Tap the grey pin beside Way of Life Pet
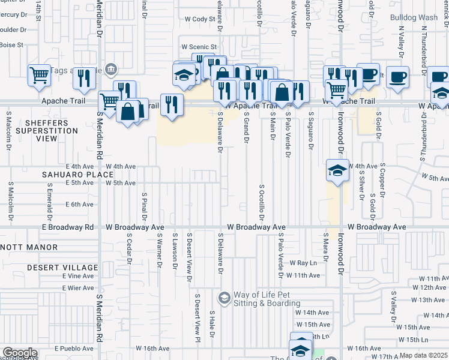click(x=224, y=298)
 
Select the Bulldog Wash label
click(x=414, y=17)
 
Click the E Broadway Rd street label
click(x=67, y=227)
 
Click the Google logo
click(x=19, y=353)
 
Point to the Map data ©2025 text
click(x=423, y=356)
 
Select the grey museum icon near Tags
click(x=110, y=70)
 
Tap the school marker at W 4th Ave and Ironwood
click(x=337, y=171)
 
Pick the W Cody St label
click(x=200, y=19)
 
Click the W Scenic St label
click(x=199, y=47)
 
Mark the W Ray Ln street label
click(x=303, y=263)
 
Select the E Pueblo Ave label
click(x=74, y=349)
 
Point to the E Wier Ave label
click(x=78, y=288)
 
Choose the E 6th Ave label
click(x=80, y=205)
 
